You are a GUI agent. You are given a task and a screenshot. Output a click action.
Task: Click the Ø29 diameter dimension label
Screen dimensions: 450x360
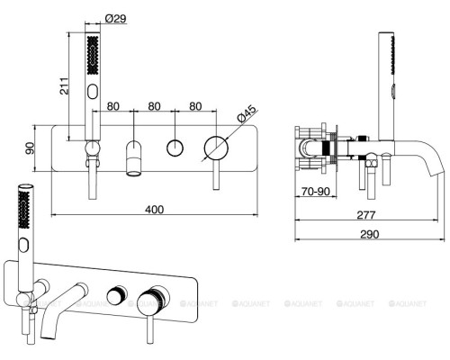point(116,19)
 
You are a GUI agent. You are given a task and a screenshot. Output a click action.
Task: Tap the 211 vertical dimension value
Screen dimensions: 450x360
point(64,86)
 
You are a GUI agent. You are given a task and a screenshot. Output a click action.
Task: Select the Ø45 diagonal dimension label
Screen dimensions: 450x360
point(247,113)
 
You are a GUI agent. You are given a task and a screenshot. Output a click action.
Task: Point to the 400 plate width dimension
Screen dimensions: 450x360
point(154,210)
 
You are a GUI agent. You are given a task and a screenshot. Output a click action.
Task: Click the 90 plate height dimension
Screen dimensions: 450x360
point(30,148)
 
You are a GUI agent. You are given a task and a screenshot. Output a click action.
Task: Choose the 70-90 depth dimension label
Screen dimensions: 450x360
point(316,191)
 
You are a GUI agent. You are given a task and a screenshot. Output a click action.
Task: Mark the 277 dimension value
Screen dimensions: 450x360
point(366,215)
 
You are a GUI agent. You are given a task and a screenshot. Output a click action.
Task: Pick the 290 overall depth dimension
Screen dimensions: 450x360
point(370,234)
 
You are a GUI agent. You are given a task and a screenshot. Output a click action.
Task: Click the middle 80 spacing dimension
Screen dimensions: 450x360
point(154,106)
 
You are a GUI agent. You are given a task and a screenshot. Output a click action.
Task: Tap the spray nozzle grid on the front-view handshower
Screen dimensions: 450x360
point(93,56)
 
